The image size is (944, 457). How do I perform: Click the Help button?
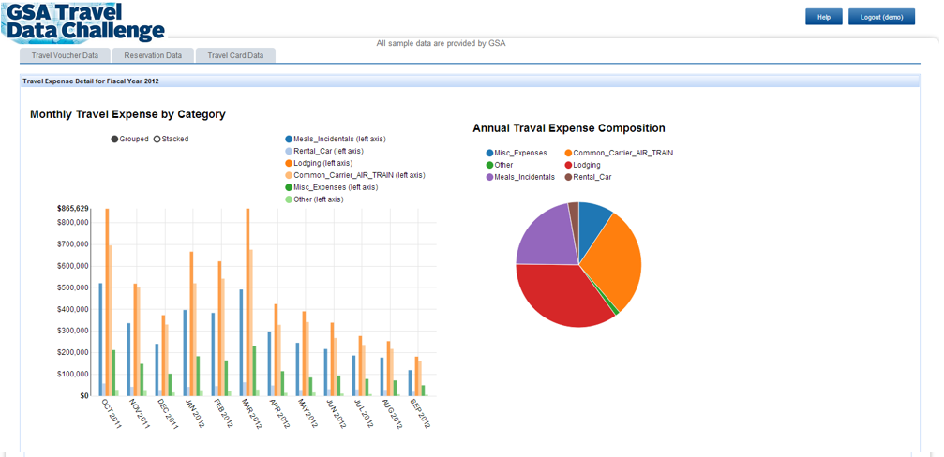[823, 17]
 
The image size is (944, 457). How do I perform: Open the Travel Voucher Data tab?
[65, 55]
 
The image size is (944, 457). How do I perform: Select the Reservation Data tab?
[153, 55]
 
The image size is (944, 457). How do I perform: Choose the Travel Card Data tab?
[235, 55]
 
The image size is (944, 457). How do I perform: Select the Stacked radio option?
[157, 140]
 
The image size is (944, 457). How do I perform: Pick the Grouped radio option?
[115, 140]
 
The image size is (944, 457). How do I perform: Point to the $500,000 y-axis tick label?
[72, 287]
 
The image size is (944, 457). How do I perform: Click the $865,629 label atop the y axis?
[72, 208]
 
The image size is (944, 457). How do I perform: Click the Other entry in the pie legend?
[503, 165]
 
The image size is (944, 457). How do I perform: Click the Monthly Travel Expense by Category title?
[127, 114]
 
